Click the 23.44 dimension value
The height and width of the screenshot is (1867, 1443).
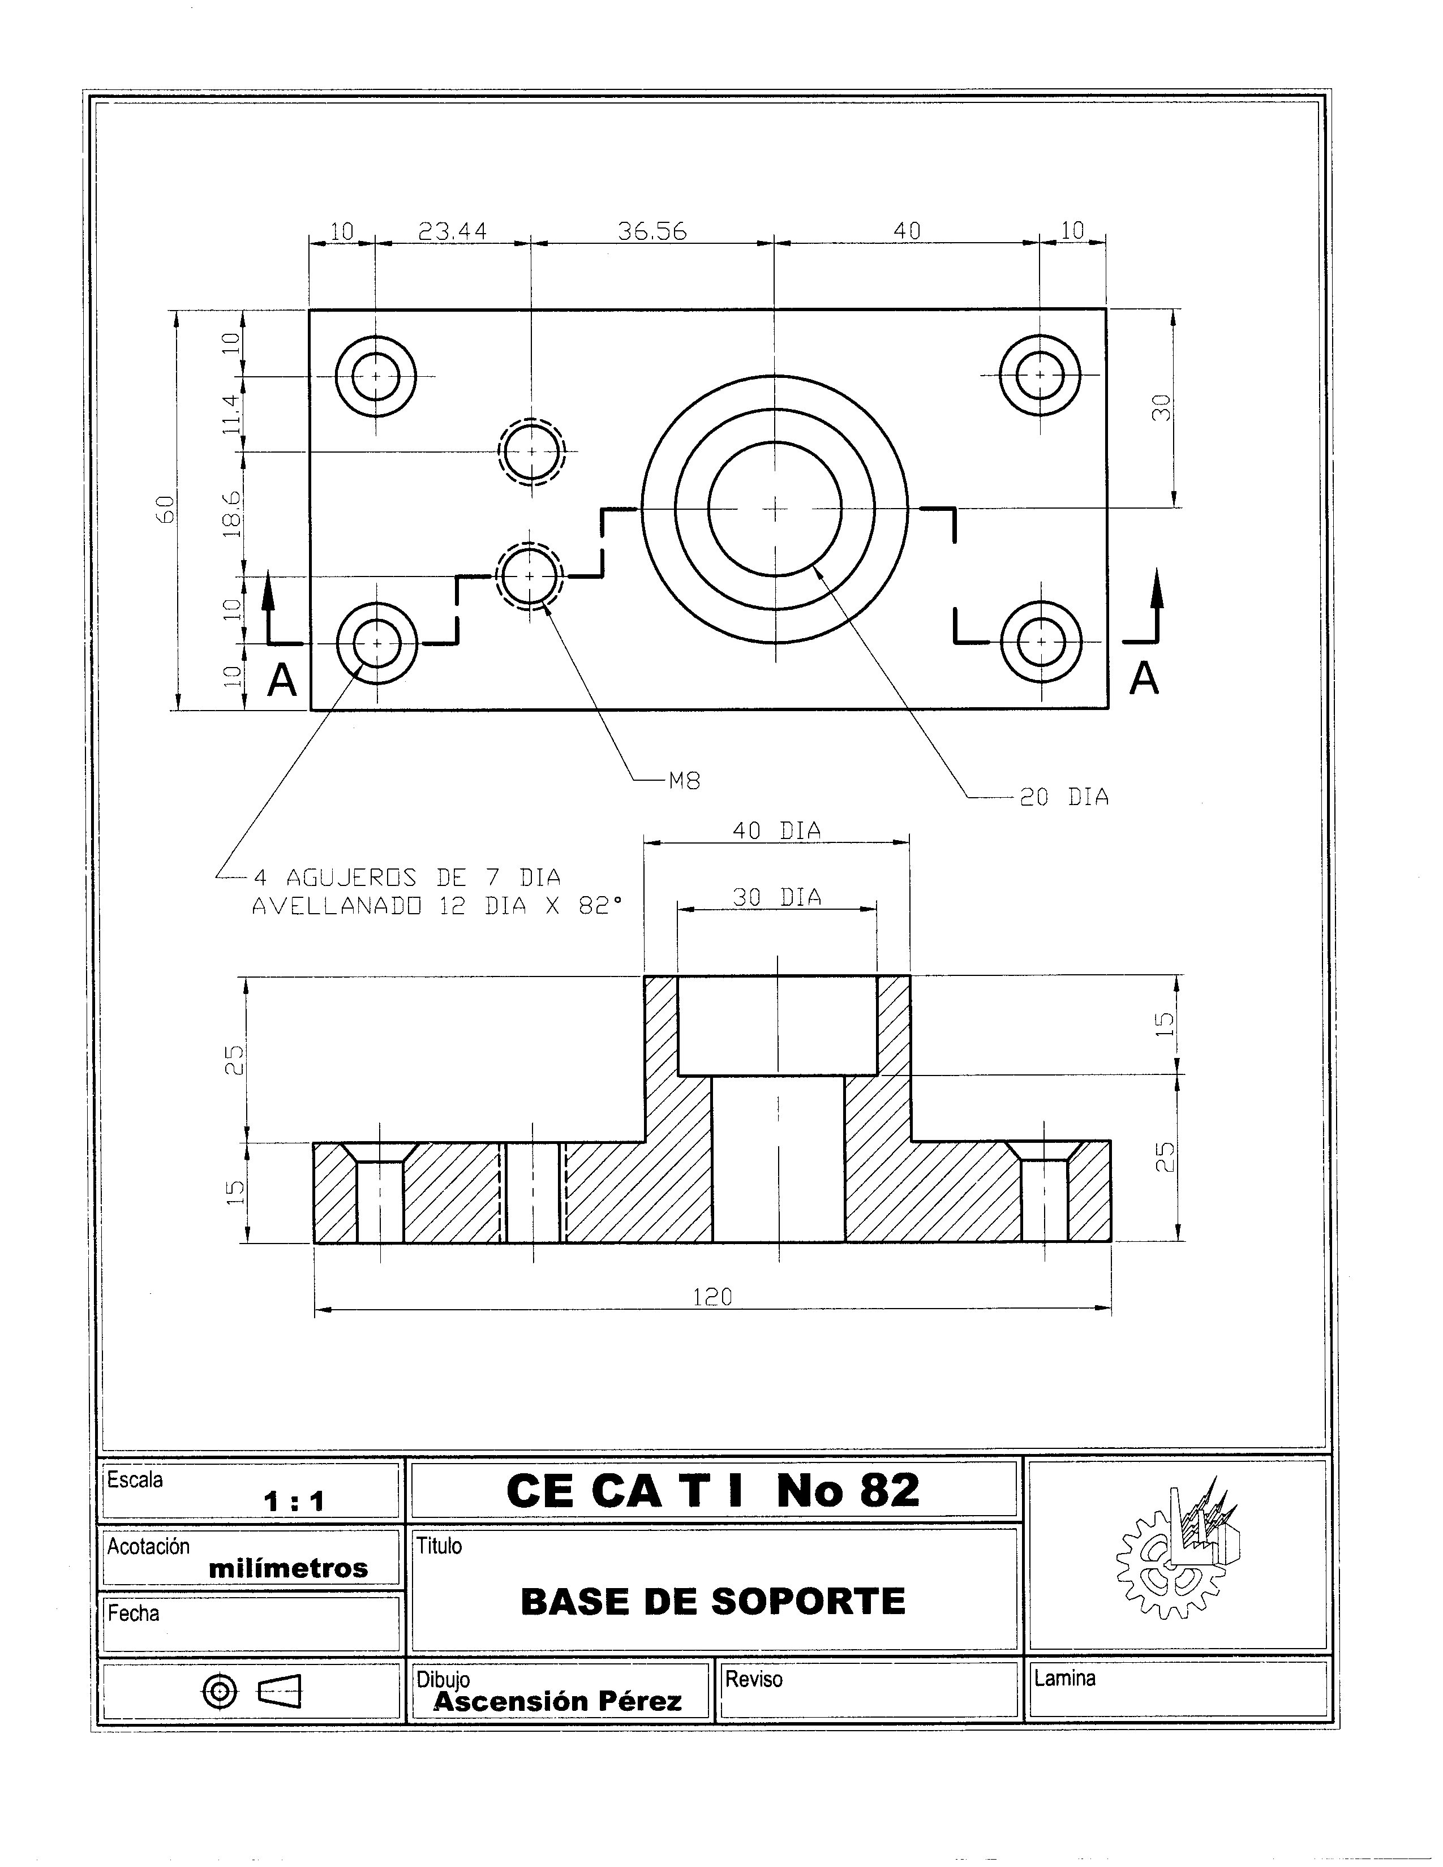(452, 231)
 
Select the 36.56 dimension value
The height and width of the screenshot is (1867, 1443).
(652, 231)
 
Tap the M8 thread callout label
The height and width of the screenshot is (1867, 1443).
(684, 781)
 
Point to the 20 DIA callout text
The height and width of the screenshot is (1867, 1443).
(1064, 798)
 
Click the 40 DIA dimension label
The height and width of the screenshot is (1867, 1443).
(776, 831)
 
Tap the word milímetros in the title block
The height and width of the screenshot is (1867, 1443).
(288, 1569)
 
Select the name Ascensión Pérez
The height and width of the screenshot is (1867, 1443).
(557, 1701)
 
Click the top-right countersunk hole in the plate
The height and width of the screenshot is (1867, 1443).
(1040, 375)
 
